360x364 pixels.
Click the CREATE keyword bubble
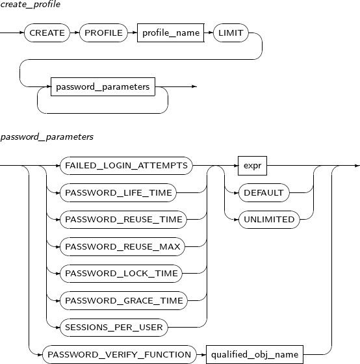point(47,32)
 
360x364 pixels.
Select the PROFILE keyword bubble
point(103,32)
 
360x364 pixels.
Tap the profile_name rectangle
point(171,32)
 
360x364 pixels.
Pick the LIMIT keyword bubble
point(231,32)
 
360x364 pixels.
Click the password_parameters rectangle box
point(103,86)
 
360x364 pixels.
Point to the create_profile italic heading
point(30,4)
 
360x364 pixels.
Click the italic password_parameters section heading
point(47,136)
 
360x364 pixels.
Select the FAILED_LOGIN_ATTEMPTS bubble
point(126,166)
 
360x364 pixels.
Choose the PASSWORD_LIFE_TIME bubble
point(118,192)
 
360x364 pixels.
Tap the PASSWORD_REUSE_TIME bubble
point(123,220)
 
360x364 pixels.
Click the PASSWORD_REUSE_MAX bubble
point(123,246)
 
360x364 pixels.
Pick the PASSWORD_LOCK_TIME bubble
point(121,274)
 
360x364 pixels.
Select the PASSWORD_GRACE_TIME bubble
point(123,300)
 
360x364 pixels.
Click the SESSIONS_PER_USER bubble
point(114,328)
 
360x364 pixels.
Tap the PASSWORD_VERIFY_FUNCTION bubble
point(120,354)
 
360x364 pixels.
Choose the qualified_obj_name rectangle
point(255,354)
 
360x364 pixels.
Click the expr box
point(252,166)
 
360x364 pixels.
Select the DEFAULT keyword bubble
point(264,192)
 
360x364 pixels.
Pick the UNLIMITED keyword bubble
point(269,220)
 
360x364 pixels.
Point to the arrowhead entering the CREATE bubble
point(22,32)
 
